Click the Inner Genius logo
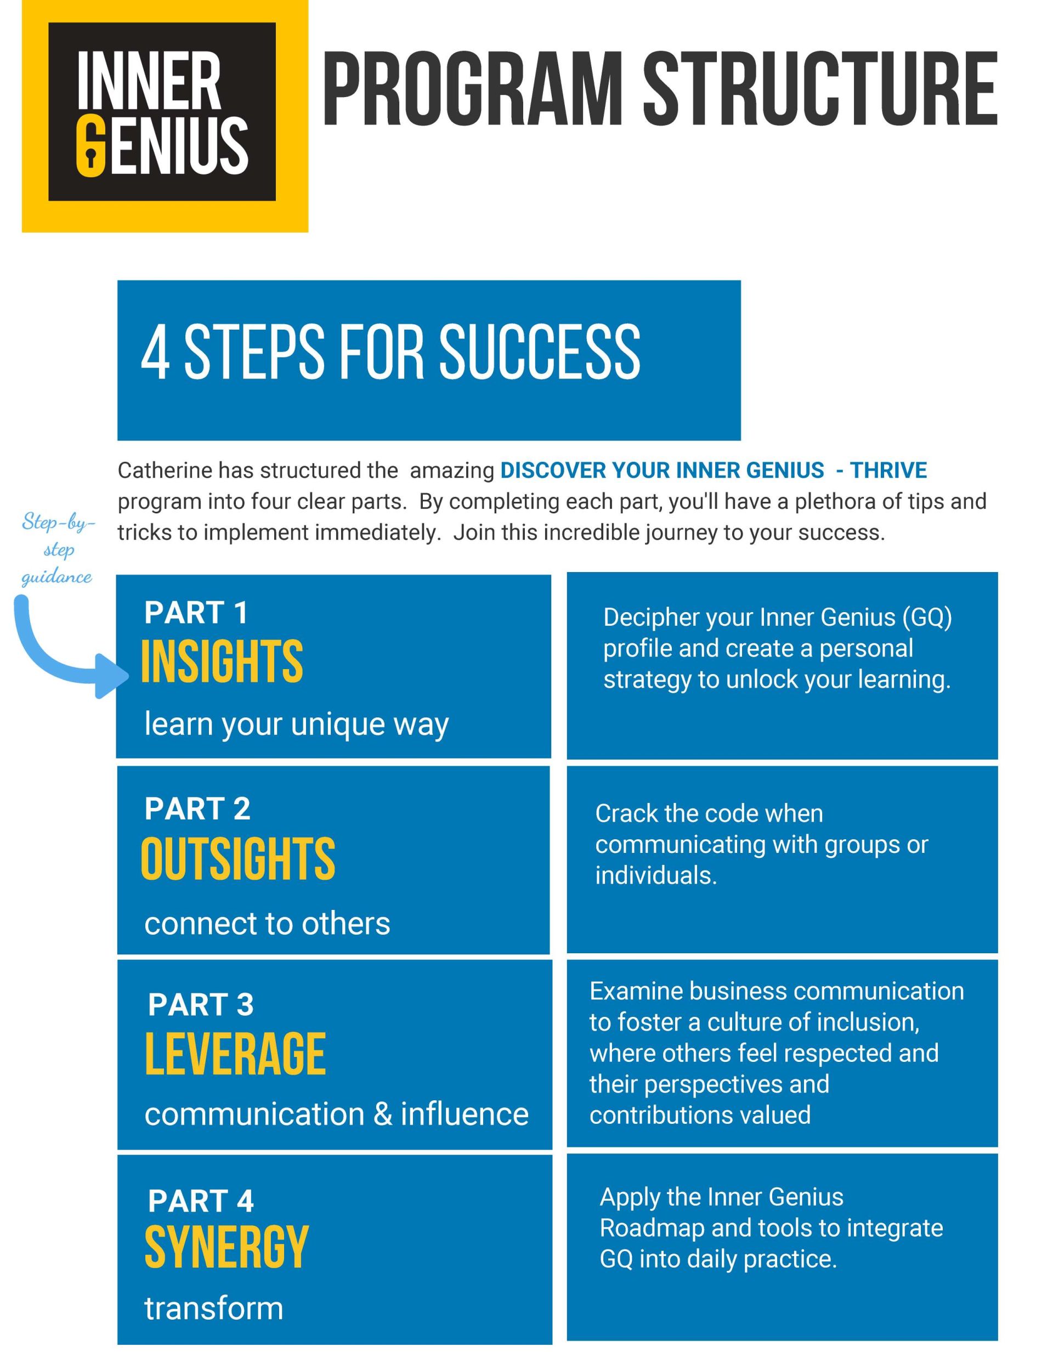165,116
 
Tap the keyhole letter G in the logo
90,148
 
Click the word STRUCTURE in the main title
819,89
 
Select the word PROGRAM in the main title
472,89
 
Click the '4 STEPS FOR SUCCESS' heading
390,352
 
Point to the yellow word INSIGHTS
222,661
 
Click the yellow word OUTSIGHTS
238,859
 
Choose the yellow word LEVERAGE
235,1054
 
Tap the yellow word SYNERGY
227,1248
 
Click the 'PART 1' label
196,613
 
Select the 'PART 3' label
200,1005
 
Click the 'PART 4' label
200,1201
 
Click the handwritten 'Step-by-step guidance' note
58,549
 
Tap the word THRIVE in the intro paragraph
889,471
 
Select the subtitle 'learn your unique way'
297,725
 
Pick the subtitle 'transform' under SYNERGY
213,1309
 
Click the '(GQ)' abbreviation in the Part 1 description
927,618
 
